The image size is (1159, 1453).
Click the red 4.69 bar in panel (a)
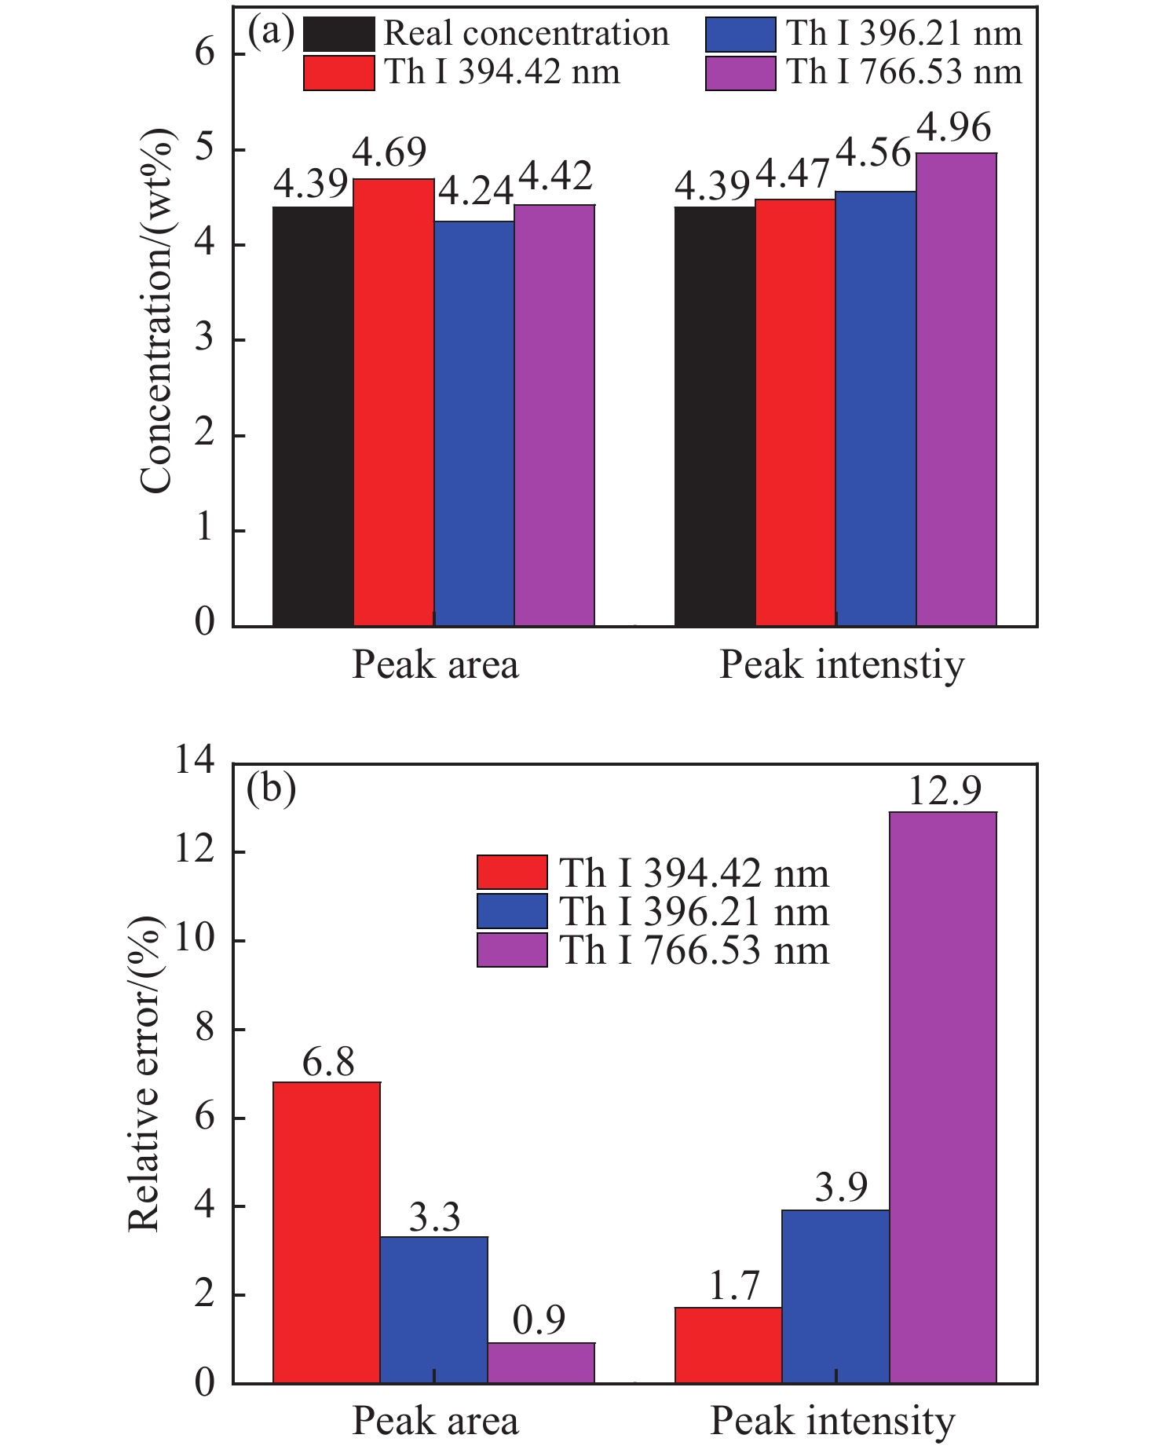[x=393, y=402]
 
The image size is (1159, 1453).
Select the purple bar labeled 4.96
[x=956, y=389]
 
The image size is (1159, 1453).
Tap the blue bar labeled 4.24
[x=474, y=423]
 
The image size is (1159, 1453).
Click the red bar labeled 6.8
[x=327, y=1233]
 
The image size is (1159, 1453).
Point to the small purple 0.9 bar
[x=541, y=1363]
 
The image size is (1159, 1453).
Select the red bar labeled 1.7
[x=728, y=1345]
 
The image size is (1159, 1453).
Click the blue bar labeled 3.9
[x=835, y=1297]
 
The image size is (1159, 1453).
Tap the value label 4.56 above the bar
[x=873, y=153]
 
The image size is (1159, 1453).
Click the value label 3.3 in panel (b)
[x=434, y=1217]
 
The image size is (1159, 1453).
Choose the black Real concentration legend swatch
[x=338, y=34]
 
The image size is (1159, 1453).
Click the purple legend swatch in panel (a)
[x=740, y=74]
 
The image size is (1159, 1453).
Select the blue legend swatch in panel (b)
[x=512, y=912]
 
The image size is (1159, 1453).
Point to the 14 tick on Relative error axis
[x=195, y=762]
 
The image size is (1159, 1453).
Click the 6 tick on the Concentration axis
[x=205, y=53]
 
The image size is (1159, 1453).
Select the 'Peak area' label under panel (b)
[x=435, y=1422]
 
